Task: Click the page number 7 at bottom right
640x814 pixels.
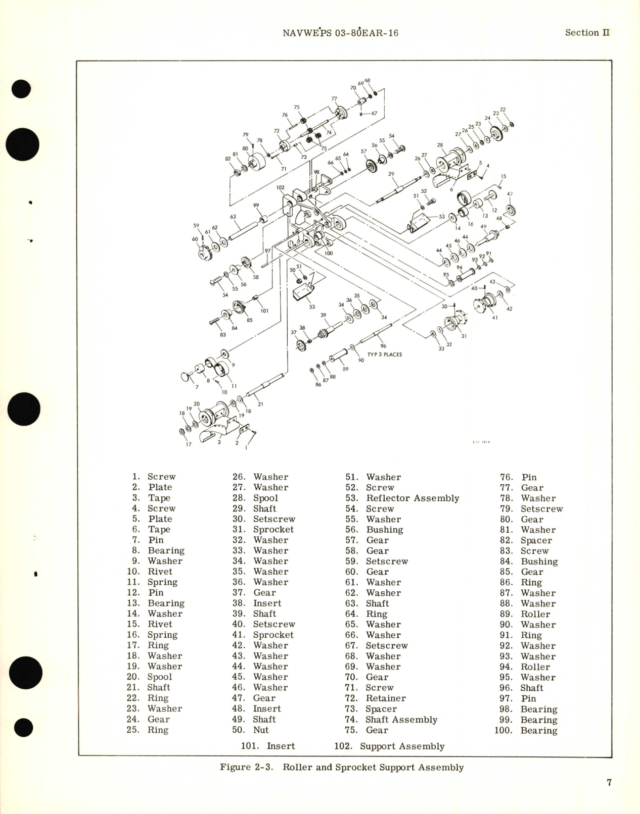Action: (x=609, y=782)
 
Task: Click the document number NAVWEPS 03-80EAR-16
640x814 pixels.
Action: (x=340, y=33)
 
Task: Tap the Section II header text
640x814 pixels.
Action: (x=587, y=32)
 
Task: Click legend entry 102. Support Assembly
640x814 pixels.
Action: (x=389, y=746)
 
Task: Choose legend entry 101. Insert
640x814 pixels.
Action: (x=268, y=746)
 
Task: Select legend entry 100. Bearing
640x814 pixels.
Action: (x=526, y=730)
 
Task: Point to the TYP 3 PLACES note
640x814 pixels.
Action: (x=384, y=354)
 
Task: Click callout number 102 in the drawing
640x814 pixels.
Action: (x=281, y=187)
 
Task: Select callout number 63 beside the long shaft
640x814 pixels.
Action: (x=233, y=217)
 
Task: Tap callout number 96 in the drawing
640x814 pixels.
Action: (x=383, y=346)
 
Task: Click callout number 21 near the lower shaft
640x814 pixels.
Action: (x=260, y=404)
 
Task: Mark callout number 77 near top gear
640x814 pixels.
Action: (x=334, y=99)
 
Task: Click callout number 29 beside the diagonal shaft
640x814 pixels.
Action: (x=391, y=174)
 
